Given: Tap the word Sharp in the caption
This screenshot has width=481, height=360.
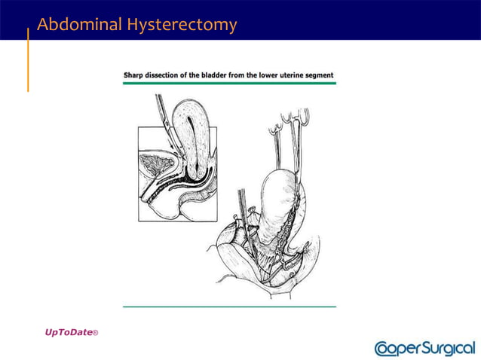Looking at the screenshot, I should click(133, 76).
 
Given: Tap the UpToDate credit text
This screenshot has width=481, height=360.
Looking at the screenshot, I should click(67, 332).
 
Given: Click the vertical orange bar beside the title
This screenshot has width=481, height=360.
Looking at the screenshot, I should click(28, 60).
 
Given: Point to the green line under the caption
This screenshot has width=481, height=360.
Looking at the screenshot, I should click(229, 83).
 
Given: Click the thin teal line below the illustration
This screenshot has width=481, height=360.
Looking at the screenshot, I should click(229, 307).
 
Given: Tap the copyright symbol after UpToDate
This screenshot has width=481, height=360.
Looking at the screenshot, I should click(95, 333).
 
